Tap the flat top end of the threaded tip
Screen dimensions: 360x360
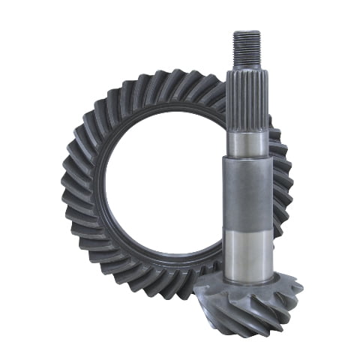[x=247, y=32]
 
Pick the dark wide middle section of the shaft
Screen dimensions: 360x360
[x=247, y=191]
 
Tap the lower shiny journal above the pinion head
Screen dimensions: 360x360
[x=247, y=247]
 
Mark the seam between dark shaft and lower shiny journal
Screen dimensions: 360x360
[x=247, y=223]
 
